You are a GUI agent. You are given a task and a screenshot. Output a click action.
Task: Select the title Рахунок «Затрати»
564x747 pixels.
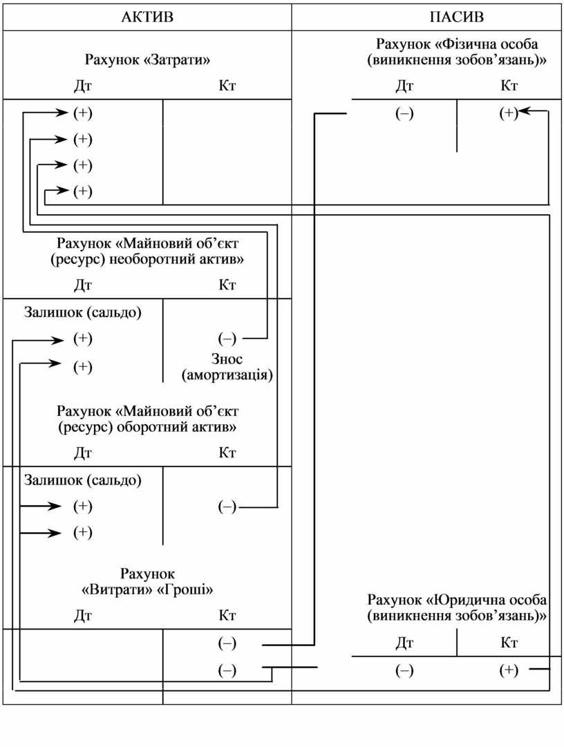[147, 59]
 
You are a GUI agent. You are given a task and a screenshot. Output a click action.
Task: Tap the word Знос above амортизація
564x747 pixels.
[227, 359]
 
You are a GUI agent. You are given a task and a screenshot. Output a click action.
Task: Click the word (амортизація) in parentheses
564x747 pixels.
[227, 376]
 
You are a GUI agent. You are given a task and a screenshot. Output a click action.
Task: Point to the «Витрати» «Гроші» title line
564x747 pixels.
[147, 590]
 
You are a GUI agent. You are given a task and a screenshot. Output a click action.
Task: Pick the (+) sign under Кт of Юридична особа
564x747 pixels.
[508, 670]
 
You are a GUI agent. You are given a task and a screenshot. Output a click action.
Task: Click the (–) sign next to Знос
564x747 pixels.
[227, 339]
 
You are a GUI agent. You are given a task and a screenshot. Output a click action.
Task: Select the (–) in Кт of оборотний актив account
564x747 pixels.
[227, 507]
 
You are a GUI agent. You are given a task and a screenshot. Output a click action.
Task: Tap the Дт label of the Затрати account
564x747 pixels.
[83, 86]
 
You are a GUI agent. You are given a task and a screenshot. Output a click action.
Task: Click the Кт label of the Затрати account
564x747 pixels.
[227, 86]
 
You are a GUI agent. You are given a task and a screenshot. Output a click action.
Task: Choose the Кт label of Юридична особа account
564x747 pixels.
[509, 643]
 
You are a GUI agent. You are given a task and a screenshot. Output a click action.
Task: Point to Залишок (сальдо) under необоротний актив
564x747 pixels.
[83, 312]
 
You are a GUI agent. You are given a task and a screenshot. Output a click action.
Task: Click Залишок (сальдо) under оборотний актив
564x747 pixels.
[83, 480]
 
